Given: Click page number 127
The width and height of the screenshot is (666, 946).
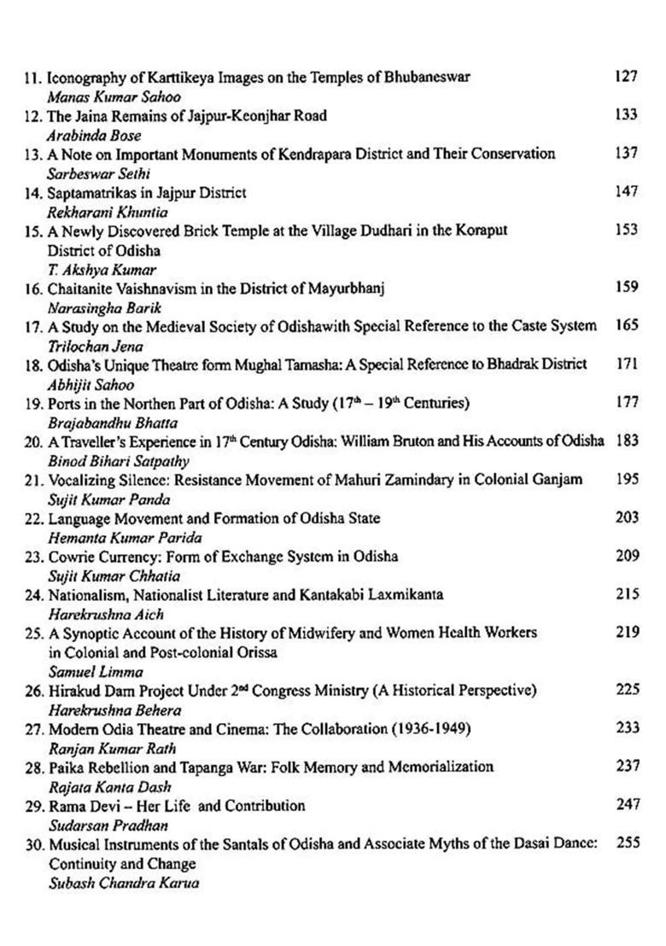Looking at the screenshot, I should click(x=626, y=77).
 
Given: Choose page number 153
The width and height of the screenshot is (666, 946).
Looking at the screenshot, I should click(x=626, y=231).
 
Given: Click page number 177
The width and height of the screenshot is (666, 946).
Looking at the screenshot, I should click(x=626, y=402).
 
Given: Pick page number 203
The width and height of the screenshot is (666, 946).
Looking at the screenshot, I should click(x=626, y=517).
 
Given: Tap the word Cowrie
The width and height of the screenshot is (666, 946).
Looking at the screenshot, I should click(x=70, y=557).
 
